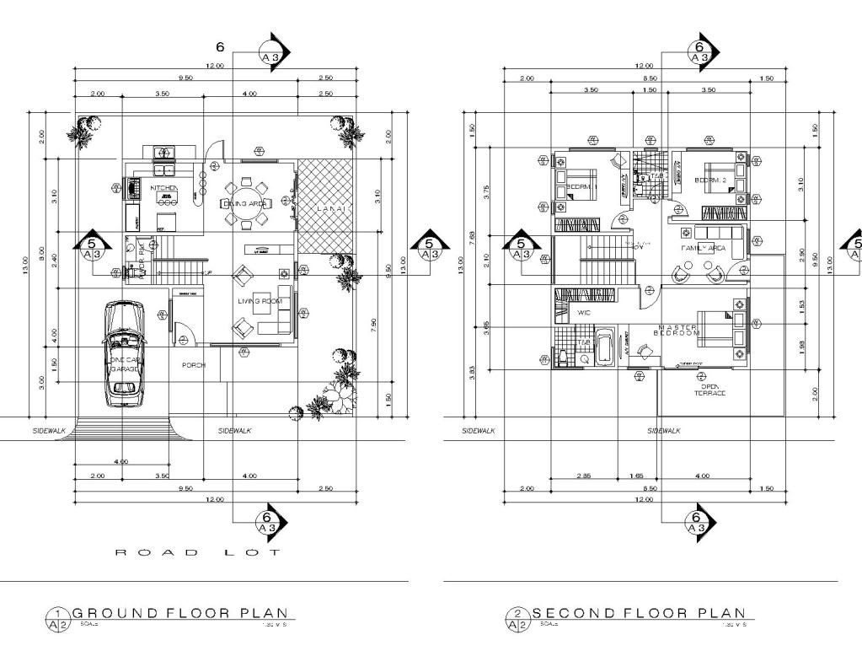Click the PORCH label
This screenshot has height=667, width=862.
point(195,365)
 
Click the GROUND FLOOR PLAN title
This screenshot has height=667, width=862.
point(179,613)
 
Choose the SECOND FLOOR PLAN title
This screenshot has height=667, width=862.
point(638,613)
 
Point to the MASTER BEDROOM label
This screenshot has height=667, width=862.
point(677,330)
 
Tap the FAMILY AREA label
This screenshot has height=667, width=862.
point(703,249)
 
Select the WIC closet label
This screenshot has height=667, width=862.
point(582,312)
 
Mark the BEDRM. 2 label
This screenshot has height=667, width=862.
point(709,180)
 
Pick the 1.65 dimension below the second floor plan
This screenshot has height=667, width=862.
point(638,476)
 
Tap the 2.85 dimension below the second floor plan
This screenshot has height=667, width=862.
point(583,476)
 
